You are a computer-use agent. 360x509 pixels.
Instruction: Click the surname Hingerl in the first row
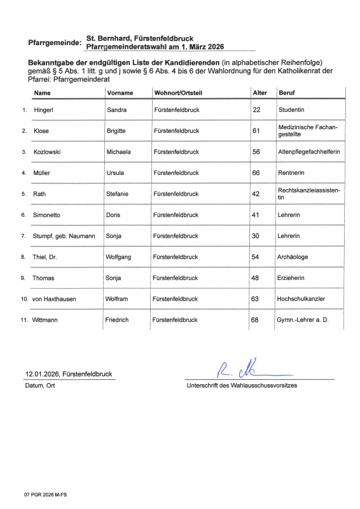[x=44, y=110]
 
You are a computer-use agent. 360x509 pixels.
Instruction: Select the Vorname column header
[x=120, y=93]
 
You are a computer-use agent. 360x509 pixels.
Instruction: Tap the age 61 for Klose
[x=256, y=131]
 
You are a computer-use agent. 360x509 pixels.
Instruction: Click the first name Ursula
[x=116, y=173]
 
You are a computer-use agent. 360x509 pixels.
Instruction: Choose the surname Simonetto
[x=49, y=215]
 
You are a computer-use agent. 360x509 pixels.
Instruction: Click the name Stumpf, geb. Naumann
[x=64, y=236]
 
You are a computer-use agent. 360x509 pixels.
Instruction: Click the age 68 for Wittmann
[x=255, y=319]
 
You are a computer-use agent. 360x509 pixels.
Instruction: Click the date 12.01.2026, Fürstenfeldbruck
[x=65, y=374]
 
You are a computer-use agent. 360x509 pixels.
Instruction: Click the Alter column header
[x=260, y=93]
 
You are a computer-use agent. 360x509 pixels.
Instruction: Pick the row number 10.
[x=24, y=298]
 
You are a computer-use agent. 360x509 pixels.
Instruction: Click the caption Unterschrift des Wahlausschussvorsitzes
[x=241, y=386]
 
